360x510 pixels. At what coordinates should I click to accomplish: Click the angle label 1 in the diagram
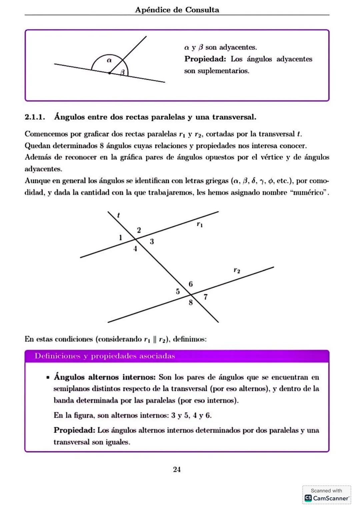[x=120, y=238]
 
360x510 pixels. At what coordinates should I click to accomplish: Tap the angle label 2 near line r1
[x=139, y=230]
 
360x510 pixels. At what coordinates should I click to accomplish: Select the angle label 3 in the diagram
[x=152, y=241]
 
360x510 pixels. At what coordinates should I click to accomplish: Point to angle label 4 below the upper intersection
[x=135, y=249]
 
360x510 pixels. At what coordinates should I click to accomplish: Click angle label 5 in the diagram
[x=178, y=291]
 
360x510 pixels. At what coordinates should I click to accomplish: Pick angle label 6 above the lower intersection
[x=190, y=284]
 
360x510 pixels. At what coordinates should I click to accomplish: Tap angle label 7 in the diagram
[x=205, y=297]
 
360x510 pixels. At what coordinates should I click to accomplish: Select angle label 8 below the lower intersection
[x=190, y=302]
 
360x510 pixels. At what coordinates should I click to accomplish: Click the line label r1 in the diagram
[x=199, y=224]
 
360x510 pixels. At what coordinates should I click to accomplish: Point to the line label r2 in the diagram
[x=237, y=270]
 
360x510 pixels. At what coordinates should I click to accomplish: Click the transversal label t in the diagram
[x=118, y=215]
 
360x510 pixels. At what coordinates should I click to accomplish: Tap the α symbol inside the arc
[x=109, y=60]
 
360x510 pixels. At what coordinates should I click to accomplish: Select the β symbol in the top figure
[x=122, y=72]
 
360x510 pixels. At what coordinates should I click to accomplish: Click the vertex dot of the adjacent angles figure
[x=109, y=73]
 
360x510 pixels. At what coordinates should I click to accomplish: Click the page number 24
[x=177, y=469]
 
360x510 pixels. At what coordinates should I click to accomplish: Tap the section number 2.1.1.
[x=35, y=117]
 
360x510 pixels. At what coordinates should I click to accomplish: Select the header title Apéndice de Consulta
[x=177, y=10]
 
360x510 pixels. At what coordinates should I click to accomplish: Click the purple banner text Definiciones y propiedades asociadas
[x=105, y=356]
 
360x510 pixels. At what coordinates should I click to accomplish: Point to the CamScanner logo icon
[x=308, y=498]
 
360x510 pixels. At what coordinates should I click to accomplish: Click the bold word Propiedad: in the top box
[x=205, y=59]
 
